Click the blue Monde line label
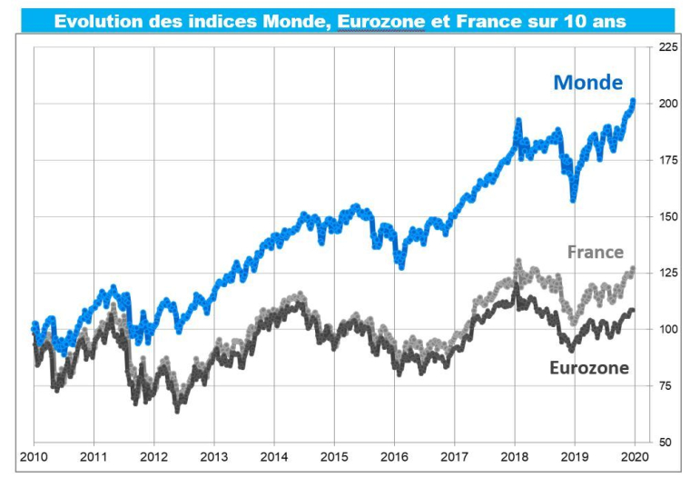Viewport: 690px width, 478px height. [587, 83]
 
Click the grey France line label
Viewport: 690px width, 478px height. [595, 252]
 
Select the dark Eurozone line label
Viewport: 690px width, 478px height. [588, 368]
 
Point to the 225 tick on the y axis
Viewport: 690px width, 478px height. [667, 47]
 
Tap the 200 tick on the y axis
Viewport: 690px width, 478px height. [667, 104]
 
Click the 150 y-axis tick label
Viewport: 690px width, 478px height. [667, 216]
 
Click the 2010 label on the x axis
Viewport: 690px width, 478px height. [34, 458]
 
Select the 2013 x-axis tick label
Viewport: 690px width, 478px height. [213, 458]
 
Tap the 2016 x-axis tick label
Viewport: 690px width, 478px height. [393, 458]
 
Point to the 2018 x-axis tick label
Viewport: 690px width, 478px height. [514, 458]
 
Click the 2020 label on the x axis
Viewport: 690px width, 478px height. [634, 458]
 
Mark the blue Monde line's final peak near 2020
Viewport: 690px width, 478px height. [633, 101]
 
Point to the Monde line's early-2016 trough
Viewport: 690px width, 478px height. [401, 266]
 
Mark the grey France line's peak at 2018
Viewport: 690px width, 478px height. [518, 262]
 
